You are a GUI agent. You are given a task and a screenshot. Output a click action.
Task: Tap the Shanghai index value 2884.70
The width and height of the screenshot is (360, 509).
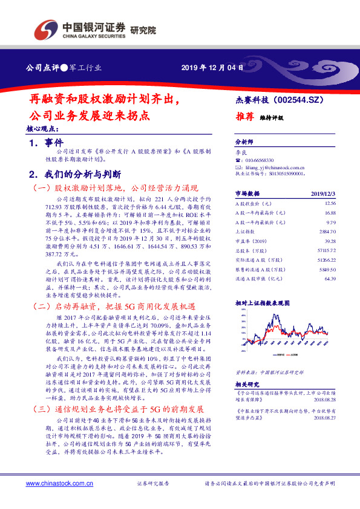coord(327,231)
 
